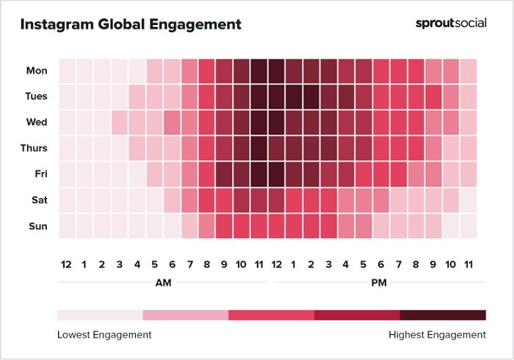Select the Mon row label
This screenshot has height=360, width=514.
pos(37,71)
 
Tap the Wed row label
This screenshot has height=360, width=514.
pos(37,122)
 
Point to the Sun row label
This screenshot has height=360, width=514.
pos(37,226)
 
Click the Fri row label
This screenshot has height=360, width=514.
pos(40,174)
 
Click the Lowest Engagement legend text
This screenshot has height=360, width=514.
pos(104,334)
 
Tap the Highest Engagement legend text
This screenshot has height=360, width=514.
pos(437,334)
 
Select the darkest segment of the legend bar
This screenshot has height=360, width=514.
pos(443,315)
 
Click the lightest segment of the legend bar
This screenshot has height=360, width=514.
pos(100,315)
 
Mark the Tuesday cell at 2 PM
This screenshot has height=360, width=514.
pos(311,97)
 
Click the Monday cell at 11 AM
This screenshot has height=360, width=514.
pos(258,71)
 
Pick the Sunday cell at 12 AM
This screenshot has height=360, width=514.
pos(67,226)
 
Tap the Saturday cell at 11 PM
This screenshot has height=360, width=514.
pos(468,200)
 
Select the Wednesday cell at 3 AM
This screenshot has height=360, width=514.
pos(119,123)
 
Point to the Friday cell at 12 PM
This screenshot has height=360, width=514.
pos(276,174)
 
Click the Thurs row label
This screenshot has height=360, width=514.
pos(35,148)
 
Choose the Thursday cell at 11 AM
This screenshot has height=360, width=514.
pos(258,148)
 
